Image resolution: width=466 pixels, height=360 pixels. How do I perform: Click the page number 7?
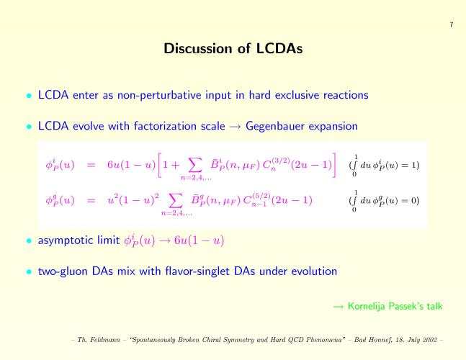[452, 24]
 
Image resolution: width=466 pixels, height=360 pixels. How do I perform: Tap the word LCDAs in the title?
[279, 48]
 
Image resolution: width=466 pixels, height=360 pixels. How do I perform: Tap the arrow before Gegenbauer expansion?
[235, 127]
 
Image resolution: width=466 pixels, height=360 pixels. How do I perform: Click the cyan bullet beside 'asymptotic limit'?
[29, 240]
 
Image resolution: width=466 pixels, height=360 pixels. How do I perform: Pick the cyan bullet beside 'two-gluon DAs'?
[29, 271]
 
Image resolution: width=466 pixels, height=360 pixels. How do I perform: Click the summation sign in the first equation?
[196, 166]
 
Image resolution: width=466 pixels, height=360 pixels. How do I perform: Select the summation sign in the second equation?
[176, 201]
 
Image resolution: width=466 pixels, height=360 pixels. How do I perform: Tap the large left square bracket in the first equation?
[160, 165]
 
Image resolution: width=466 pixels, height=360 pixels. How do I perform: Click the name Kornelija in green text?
[366, 306]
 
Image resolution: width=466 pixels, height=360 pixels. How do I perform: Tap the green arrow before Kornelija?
[339, 307]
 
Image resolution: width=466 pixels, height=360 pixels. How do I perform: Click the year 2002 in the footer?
[429, 340]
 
